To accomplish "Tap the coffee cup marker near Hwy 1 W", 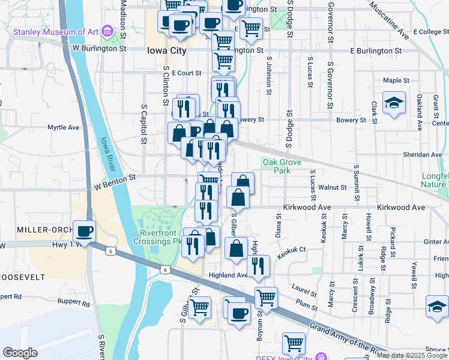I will [x=84, y=231].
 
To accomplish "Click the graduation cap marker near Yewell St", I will [x=436, y=307].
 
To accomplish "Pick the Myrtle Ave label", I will [x=64, y=128].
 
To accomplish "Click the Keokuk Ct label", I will [x=292, y=253].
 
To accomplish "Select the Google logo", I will [x=20, y=353].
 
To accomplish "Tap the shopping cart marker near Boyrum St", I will [x=266, y=297].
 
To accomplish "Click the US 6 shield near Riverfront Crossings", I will [x=164, y=271].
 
